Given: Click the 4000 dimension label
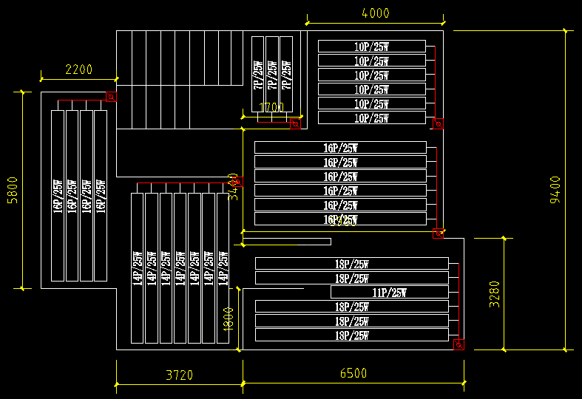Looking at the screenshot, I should (375, 13).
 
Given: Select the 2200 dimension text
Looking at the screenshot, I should (79, 70).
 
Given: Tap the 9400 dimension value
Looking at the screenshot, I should (555, 190).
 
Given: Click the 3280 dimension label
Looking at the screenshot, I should (495, 294).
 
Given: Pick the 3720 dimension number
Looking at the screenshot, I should (179, 375).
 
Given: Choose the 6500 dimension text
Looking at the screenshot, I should (353, 373).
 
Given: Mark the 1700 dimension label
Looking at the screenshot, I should (271, 107).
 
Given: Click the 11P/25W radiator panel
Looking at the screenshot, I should (389, 292).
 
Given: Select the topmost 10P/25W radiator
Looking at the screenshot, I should (371, 47).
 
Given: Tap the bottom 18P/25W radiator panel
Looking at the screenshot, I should (351, 335).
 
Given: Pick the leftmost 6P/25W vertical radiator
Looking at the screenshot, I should (58, 196).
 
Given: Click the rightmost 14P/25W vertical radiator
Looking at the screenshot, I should (223, 267).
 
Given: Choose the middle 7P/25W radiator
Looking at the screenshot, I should (271, 74).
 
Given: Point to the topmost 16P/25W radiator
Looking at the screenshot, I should (340, 148).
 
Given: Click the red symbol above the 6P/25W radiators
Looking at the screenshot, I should (111, 96).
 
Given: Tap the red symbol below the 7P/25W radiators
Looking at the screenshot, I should (294, 123).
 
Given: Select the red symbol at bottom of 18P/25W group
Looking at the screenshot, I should (459, 344).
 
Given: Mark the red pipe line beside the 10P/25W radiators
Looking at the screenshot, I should (434, 81).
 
